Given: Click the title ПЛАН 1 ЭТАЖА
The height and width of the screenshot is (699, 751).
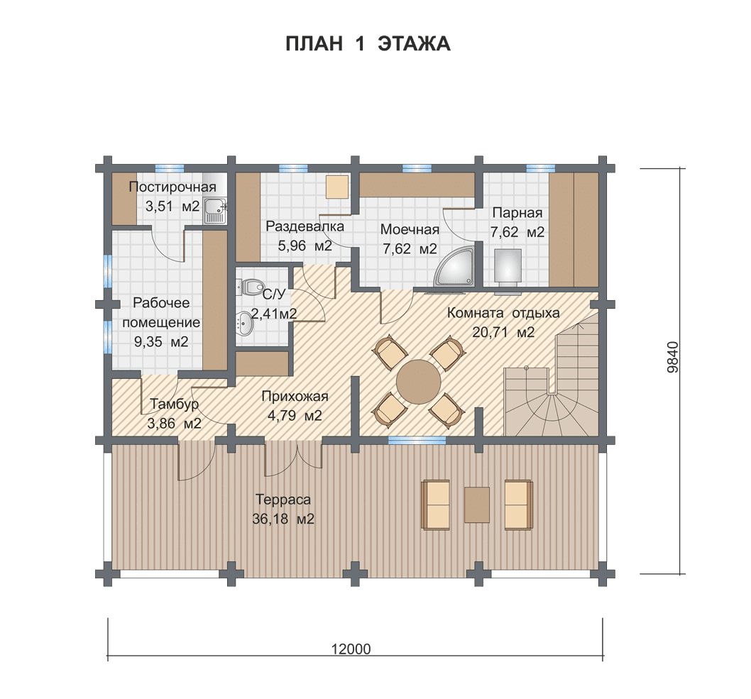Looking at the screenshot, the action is click(368, 43).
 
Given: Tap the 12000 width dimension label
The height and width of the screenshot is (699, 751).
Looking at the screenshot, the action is click(351, 649).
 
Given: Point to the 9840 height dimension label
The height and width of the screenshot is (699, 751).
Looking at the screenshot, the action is click(673, 357).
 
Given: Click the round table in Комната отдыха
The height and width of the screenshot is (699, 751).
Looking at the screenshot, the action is click(419, 382).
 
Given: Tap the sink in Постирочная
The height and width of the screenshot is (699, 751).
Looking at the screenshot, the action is click(215, 211).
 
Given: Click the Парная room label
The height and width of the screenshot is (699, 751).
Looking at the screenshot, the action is click(517, 213).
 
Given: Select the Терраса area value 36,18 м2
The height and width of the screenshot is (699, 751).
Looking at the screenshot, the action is click(283, 519).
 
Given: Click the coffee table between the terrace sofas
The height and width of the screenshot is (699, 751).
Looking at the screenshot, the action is click(476, 505).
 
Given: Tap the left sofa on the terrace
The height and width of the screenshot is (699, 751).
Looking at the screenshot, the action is click(436, 505).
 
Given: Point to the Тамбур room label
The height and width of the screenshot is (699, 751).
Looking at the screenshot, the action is click(175, 404).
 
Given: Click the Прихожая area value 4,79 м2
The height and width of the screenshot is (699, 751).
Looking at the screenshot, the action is click(295, 416).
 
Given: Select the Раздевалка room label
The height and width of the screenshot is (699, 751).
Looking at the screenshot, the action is click(305, 226).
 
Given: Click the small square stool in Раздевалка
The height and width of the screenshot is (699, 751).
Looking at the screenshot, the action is click(338, 187).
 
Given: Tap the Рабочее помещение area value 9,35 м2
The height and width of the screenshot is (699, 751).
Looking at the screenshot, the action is click(161, 342).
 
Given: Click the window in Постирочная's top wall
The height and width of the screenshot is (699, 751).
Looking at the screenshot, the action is click(170, 168).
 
